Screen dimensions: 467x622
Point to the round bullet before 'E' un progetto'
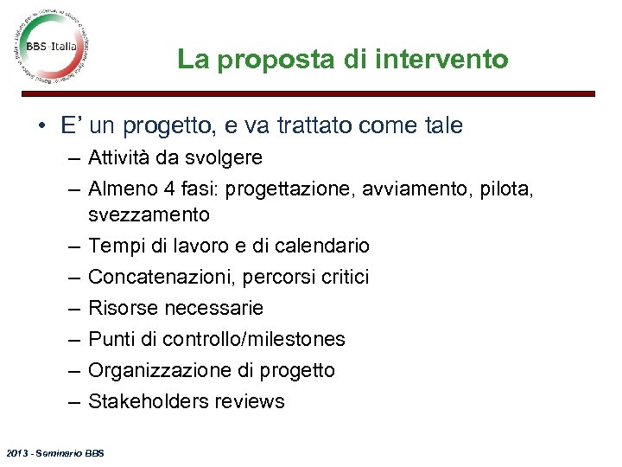(x=42, y=126)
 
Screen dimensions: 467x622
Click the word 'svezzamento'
(x=149, y=214)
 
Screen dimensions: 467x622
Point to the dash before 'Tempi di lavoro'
(x=70, y=246)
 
